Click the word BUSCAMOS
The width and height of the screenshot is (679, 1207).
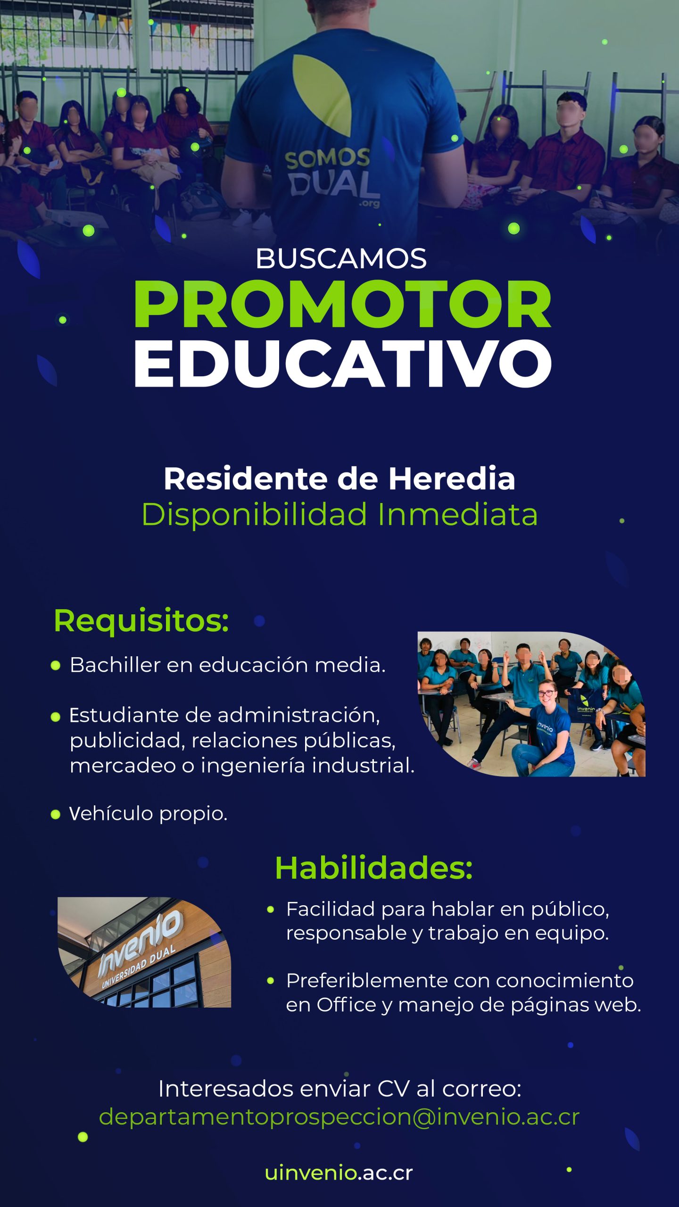coord(341,258)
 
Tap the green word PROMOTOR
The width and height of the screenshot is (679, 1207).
coord(343,304)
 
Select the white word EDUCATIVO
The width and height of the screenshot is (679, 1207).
coord(343,363)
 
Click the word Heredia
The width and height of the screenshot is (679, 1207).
coord(451,479)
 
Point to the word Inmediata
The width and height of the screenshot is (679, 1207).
coord(457,514)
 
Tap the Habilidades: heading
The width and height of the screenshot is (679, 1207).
coord(373,868)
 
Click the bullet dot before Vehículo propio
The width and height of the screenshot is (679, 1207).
coord(56,814)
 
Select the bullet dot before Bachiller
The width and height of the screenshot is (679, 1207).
coord(56,666)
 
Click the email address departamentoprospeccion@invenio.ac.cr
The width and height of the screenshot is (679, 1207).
coord(339,1116)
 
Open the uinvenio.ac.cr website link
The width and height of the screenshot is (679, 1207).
coord(339,1173)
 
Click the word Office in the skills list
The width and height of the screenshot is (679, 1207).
coord(346,1005)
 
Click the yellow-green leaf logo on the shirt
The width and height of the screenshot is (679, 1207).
coord(322,94)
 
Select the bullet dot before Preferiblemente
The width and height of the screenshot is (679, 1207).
coord(271,981)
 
